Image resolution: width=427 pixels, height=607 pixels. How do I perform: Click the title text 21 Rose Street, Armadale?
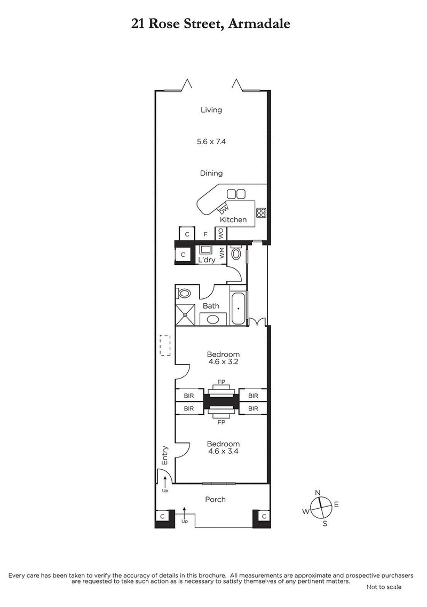[x=211, y=23]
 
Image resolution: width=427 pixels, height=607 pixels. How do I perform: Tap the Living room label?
[x=211, y=110]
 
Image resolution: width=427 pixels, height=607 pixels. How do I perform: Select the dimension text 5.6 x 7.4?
[x=211, y=141]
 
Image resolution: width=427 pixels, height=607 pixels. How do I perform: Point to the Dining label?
[x=211, y=173]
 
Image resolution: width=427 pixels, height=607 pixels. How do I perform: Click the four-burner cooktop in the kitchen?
[x=261, y=212]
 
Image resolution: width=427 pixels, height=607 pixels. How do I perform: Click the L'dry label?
[x=206, y=259]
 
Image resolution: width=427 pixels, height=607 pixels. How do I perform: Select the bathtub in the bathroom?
[x=238, y=309]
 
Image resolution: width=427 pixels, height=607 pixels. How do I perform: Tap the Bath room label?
[x=211, y=306]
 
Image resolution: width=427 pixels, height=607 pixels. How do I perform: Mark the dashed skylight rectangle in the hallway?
[x=165, y=345]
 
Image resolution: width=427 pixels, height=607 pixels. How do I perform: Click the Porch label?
[x=216, y=500]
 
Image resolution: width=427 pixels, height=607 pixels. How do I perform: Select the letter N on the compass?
[x=318, y=492]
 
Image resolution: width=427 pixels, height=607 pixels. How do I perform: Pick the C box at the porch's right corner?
[x=263, y=516]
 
